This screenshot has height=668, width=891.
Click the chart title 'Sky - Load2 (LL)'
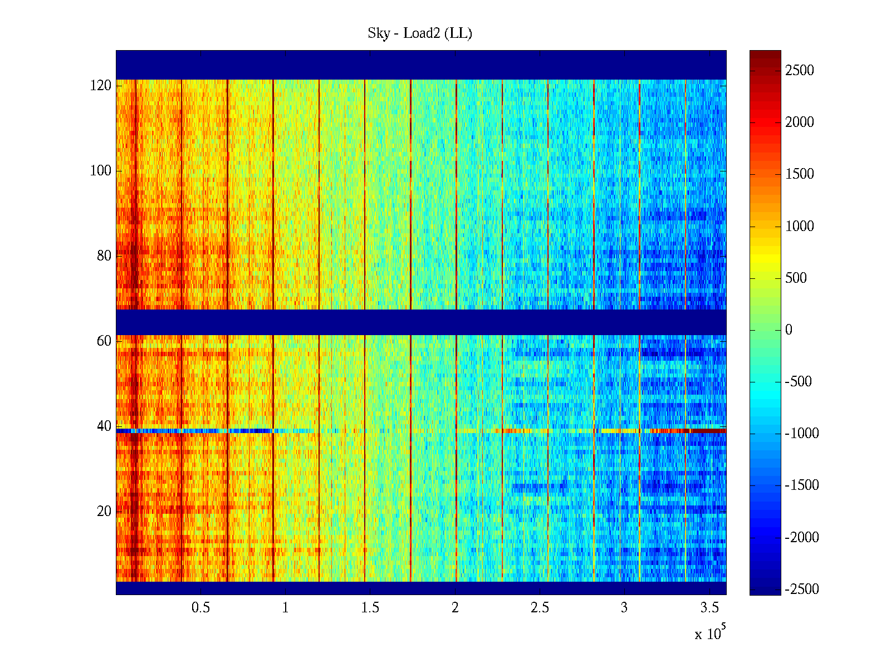click(420, 33)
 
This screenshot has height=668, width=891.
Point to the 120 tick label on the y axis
click(101, 86)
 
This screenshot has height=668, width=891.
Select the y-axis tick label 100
click(101, 171)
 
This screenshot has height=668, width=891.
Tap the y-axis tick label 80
click(104, 256)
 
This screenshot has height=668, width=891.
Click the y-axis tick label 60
click(104, 341)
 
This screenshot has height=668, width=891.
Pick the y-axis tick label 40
click(104, 426)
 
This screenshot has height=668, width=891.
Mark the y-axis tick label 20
click(104, 512)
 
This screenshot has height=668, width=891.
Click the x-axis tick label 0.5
click(200, 608)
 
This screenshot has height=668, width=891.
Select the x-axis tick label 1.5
click(370, 608)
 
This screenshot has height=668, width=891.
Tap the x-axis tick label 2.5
click(540, 608)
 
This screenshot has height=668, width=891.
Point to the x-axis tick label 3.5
click(709, 608)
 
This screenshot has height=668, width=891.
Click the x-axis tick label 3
click(624, 608)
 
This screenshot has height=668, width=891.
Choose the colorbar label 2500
click(800, 71)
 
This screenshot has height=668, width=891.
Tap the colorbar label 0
click(789, 330)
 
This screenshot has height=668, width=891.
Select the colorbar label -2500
click(802, 590)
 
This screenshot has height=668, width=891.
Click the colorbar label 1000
click(800, 226)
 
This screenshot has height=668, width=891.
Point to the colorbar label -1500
click(802, 485)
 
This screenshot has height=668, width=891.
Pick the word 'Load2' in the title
click(422, 33)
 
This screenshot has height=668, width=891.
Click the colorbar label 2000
click(800, 122)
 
